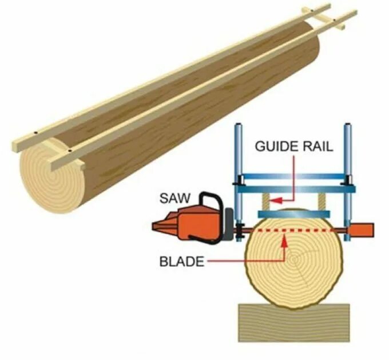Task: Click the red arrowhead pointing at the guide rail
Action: tap(274, 201)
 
